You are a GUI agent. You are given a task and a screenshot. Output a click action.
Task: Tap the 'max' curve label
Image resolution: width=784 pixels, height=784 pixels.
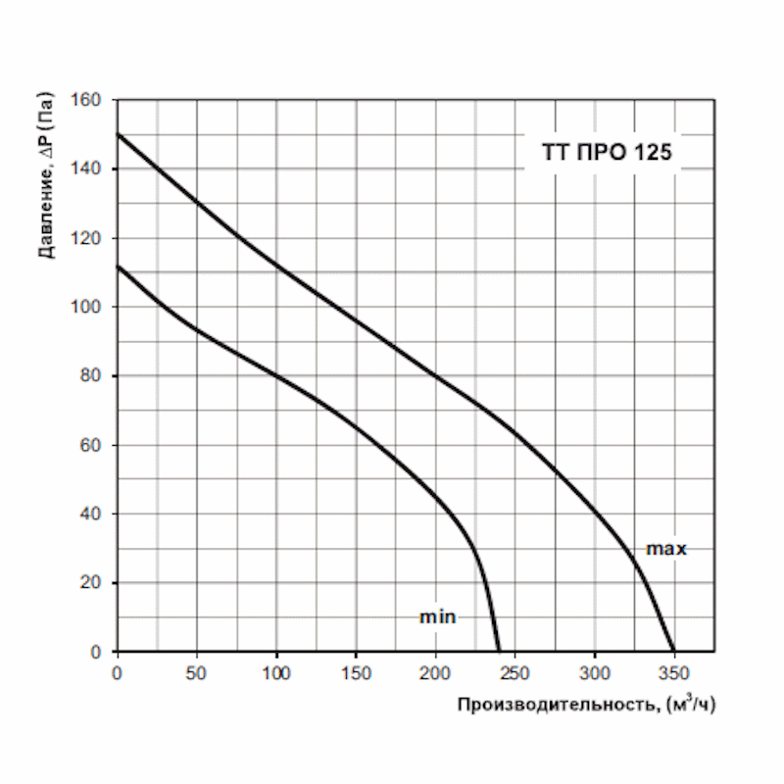pos(666,549)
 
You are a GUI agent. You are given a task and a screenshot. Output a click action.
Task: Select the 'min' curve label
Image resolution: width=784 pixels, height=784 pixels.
pos(438,617)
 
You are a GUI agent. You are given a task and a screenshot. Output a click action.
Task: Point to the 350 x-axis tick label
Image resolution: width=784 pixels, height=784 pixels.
pos(673,672)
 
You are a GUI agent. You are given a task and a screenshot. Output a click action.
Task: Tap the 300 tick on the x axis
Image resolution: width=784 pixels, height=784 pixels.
pos(594,672)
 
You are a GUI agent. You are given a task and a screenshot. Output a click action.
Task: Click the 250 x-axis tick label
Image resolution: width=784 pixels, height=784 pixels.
pos(514,672)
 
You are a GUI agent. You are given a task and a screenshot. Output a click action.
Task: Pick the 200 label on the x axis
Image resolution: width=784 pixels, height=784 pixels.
pos(435,672)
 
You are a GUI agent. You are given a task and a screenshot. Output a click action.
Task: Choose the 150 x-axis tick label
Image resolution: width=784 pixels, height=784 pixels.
pos(356,672)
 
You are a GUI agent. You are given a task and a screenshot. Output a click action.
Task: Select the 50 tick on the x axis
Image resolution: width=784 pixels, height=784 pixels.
pos(197,672)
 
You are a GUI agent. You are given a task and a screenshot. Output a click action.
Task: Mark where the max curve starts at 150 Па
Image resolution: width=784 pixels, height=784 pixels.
pos(118,134)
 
